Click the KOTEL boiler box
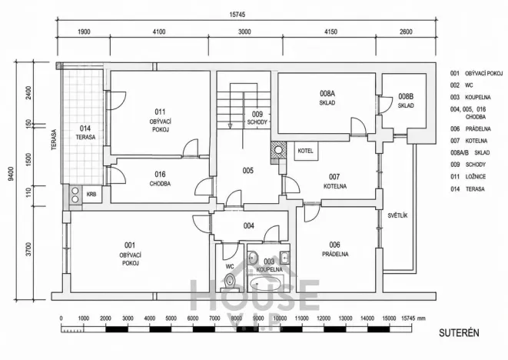click(x=305, y=151)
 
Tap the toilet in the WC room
click(x=230, y=282)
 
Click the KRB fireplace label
click(x=91, y=195)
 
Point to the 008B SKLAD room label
click(x=406, y=101)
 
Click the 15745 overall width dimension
click(x=237, y=15)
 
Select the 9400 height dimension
click(x=12, y=174)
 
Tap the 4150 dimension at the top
click(x=330, y=32)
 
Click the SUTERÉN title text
click(x=459, y=333)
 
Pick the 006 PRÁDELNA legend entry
click(x=470, y=128)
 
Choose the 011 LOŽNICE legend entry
click(x=468, y=177)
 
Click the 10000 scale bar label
click(x=280, y=318)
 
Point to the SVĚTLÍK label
click(x=397, y=215)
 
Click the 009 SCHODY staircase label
click(x=257, y=118)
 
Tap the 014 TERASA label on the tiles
click(x=85, y=132)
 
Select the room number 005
click(x=247, y=171)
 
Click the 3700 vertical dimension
click(x=29, y=248)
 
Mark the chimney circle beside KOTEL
click(x=278, y=149)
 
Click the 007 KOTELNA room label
click(x=334, y=181)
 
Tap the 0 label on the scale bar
click(x=61, y=318)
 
